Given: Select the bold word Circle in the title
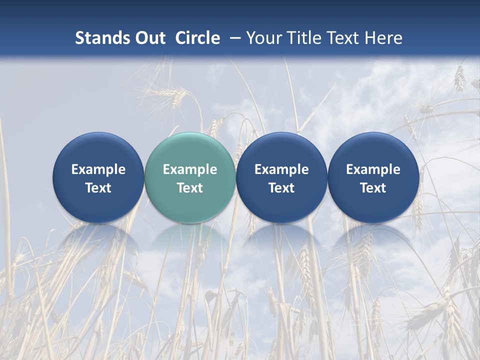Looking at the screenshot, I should (x=197, y=38).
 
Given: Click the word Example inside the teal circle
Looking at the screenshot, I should (x=189, y=169).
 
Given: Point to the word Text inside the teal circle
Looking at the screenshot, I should (x=189, y=188).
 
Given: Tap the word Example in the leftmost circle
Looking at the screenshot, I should (x=98, y=169).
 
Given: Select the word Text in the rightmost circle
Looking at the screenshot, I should (x=373, y=188).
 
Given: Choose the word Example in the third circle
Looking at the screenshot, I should (x=281, y=169).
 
